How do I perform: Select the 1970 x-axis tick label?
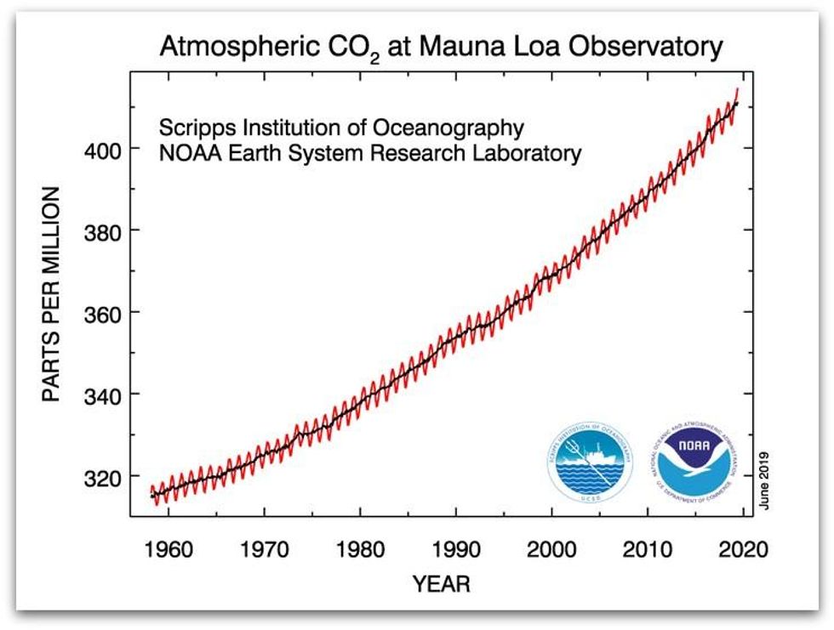coord(264,549)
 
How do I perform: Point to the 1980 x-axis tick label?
coord(360,549)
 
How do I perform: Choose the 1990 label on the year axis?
coord(456,549)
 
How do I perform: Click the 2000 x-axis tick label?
coord(551,549)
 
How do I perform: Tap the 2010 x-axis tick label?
coord(648,549)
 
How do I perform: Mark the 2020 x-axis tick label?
coord(743,549)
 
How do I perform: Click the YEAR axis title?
coord(441,584)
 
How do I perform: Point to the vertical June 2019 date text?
coord(763,480)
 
